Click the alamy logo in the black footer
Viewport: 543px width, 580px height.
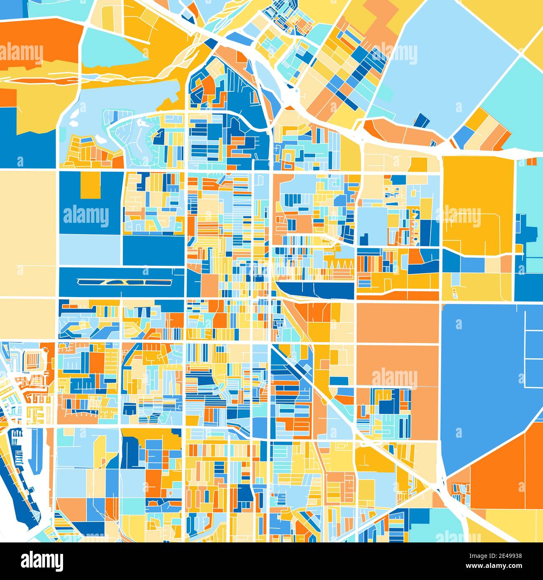43,560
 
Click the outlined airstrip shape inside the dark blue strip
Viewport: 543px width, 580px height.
124,282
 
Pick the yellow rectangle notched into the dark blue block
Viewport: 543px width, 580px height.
90,185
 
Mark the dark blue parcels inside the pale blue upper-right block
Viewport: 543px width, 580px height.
422,121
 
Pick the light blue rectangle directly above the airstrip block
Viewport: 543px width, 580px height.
90,250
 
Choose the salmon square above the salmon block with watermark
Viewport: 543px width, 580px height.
397,323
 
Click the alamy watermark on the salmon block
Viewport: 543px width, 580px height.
394,378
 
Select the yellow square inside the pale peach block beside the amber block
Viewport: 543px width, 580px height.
418,165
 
